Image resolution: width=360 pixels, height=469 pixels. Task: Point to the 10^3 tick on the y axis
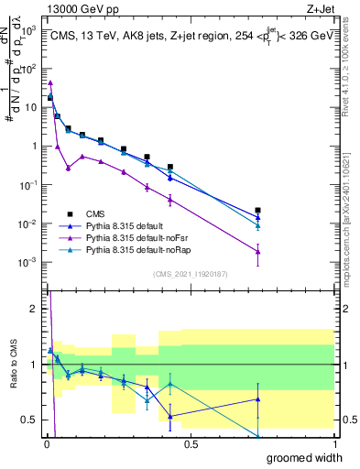pyautogui.click(x=30, y=30)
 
